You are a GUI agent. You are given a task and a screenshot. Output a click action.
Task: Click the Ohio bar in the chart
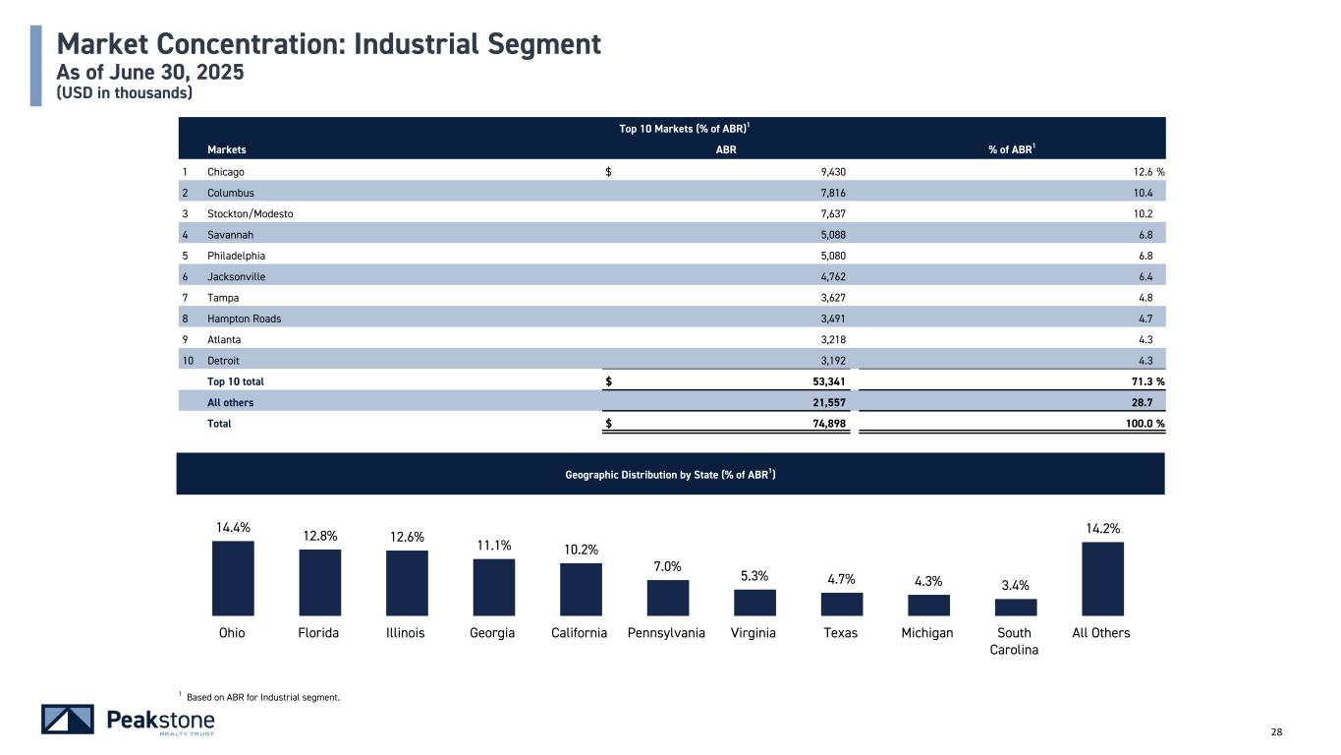(233, 577)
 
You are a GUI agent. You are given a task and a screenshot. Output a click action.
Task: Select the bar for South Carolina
(1015, 607)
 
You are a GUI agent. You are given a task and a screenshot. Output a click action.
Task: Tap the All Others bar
(1101, 578)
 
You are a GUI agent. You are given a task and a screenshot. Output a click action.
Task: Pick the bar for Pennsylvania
(668, 597)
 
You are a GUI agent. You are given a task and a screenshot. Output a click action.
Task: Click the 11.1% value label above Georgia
(492, 546)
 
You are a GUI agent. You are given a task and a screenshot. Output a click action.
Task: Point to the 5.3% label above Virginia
(754, 576)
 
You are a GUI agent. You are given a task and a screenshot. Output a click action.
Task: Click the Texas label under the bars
(840, 633)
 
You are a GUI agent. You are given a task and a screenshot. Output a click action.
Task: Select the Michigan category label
(927, 633)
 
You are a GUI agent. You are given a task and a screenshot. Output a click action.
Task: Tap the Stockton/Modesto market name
(250, 213)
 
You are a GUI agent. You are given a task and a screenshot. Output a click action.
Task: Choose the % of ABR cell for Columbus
(1151, 193)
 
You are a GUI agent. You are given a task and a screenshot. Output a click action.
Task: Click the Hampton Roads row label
(244, 319)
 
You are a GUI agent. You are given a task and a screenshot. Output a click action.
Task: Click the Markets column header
(226, 150)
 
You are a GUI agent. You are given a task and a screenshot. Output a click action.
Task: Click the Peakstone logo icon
(68, 720)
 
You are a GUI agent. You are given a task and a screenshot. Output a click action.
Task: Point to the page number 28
(1276, 731)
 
